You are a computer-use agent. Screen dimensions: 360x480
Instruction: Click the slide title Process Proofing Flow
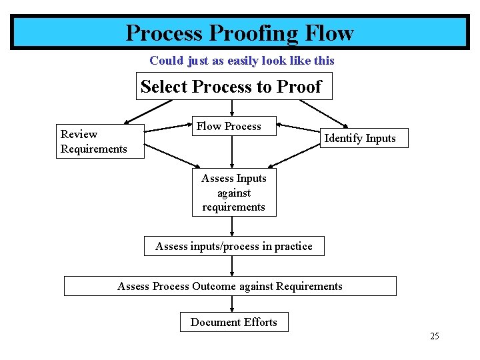tap(239, 33)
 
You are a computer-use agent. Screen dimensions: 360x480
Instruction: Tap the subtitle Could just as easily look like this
tap(241, 61)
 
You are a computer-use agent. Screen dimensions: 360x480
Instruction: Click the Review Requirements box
tap(93, 141)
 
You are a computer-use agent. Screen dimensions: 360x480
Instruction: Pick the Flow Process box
tap(229, 126)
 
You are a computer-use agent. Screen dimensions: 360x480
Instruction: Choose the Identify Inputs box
tap(360, 139)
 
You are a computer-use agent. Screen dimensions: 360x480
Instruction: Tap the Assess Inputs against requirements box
tap(233, 193)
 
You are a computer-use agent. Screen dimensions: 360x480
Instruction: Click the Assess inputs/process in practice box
tap(233, 246)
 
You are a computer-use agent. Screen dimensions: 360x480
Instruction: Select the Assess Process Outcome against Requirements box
tap(230, 286)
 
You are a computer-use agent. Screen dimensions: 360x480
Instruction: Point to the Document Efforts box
tap(233, 322)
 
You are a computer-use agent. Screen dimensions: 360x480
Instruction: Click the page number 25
tap(434, 336)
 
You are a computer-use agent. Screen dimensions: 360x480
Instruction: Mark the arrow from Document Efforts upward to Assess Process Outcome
tap(232, 303)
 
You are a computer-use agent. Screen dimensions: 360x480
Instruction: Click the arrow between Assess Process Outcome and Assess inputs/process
tap(232, 266)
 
